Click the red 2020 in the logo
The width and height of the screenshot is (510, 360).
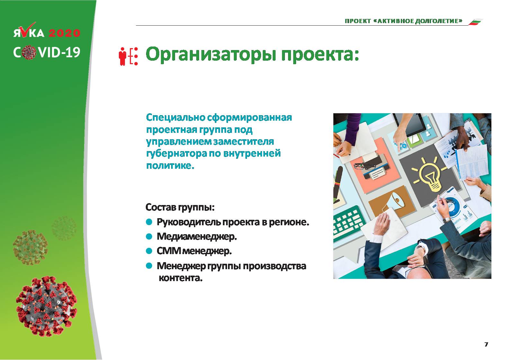tap(64, 33)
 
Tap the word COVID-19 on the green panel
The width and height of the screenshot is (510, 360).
tap(47, 52)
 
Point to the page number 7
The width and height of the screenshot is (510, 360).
tap(486, 344)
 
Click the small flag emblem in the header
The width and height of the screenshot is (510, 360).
tap(476, 22)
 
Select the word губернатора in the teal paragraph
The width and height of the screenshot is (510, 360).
tap(176, 153)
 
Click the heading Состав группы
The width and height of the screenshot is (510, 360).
tap(180, 207)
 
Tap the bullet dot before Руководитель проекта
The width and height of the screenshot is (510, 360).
tap(149, 222)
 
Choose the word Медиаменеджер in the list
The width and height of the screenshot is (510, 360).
tap(197, 236)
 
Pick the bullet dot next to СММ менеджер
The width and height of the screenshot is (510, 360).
tap(149, 251)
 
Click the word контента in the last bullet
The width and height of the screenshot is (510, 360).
tap(180, 278)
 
